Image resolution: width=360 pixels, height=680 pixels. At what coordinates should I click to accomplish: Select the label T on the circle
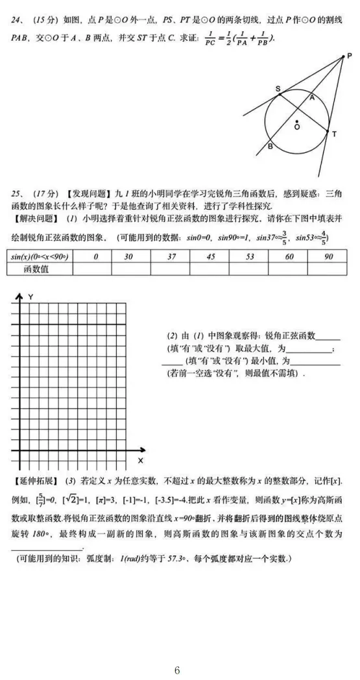click(x=334, y=134)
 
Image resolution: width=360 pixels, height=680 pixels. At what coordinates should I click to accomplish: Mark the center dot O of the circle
click(x=297, y=121)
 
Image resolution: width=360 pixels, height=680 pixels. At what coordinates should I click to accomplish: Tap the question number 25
click(x=16, y=193)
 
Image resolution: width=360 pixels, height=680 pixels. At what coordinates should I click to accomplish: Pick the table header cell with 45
click(x=210, y=257)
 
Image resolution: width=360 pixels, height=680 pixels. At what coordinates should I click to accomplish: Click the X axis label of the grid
click(x=140, y=460)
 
